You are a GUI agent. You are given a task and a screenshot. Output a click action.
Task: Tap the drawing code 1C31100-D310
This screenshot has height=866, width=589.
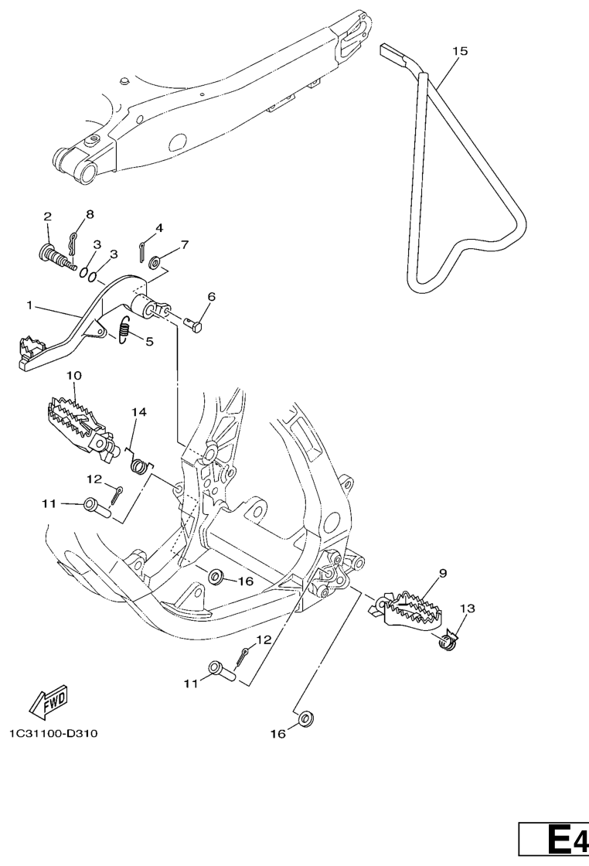point(53,734)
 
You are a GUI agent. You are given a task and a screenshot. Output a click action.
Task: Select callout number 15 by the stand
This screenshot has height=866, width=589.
point(460,51)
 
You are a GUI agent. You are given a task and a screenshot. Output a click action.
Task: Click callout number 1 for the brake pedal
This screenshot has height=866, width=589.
point(29,305)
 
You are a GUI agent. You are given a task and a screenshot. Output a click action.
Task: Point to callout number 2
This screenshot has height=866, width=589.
point(47,216)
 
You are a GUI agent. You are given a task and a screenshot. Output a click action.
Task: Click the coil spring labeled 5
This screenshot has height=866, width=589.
point(124,329)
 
